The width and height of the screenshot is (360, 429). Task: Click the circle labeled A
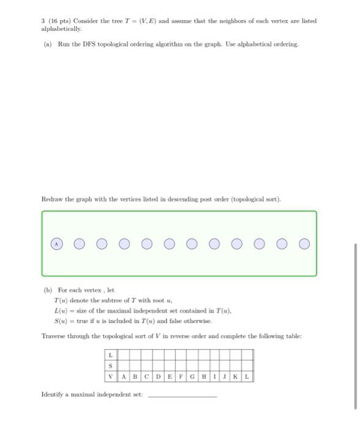pos(56,244)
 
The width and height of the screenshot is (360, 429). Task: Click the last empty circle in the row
pos(304,244)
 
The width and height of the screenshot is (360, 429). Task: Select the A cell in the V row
pos(124,376)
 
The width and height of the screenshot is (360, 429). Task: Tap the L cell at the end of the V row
pos(247,376)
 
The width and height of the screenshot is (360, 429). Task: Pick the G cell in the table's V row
pos(193,376)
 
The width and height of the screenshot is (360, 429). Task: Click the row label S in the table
pos(110,366)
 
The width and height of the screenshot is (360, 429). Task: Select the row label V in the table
pos(110,376)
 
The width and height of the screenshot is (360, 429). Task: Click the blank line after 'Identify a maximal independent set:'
pos(182,395)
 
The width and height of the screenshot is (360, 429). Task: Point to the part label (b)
pos(47,290)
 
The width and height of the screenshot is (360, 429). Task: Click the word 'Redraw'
pos(51,199)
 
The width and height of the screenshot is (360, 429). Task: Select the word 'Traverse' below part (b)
pos(53,336)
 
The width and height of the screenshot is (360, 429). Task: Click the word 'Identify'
pos(53,395)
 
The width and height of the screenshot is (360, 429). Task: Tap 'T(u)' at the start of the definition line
pos(60,301)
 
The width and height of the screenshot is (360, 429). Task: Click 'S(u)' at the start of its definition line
pos(60,321)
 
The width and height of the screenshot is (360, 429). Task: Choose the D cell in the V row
pos(159,376)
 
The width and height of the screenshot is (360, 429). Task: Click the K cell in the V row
pos(236,376)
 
